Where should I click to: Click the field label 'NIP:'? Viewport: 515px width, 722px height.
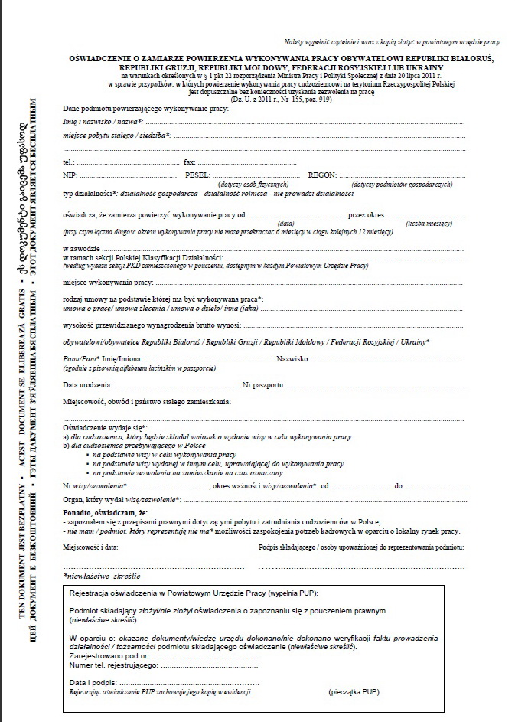tap(70, 175)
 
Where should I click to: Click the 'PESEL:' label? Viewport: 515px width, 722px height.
tap(197, 175)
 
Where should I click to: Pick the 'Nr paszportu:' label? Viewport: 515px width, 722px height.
tap(266, 384)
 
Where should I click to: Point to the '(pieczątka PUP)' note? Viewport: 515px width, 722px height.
tap(355, 691)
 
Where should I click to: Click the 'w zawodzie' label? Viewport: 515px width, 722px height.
tap(82, 249)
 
